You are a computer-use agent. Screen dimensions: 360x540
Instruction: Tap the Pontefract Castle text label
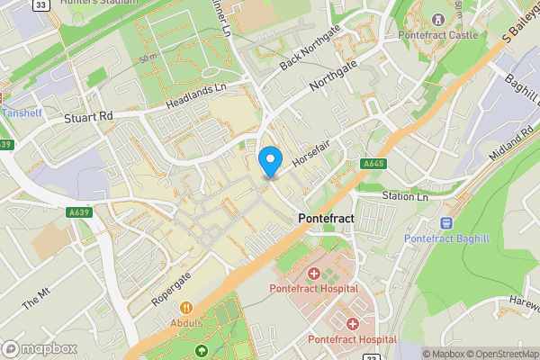click(x=437, y=36)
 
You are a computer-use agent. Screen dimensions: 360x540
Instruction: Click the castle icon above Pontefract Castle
click(x=438, y=19)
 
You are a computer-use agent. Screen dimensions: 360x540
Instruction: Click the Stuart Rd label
click(x=88, y=117)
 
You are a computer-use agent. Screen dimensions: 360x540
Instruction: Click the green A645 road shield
click(x=374, y=164)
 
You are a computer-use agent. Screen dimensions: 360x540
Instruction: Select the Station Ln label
click(x=404, y=196)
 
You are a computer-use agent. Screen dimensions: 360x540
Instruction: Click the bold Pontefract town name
click(x=325, y=220)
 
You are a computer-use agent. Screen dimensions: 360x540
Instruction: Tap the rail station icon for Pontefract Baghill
click(x=445, y=221)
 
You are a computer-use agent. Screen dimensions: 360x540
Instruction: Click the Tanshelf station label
click(x=22, y=112)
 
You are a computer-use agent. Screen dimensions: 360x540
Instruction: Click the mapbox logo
click(x=39, y=348)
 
